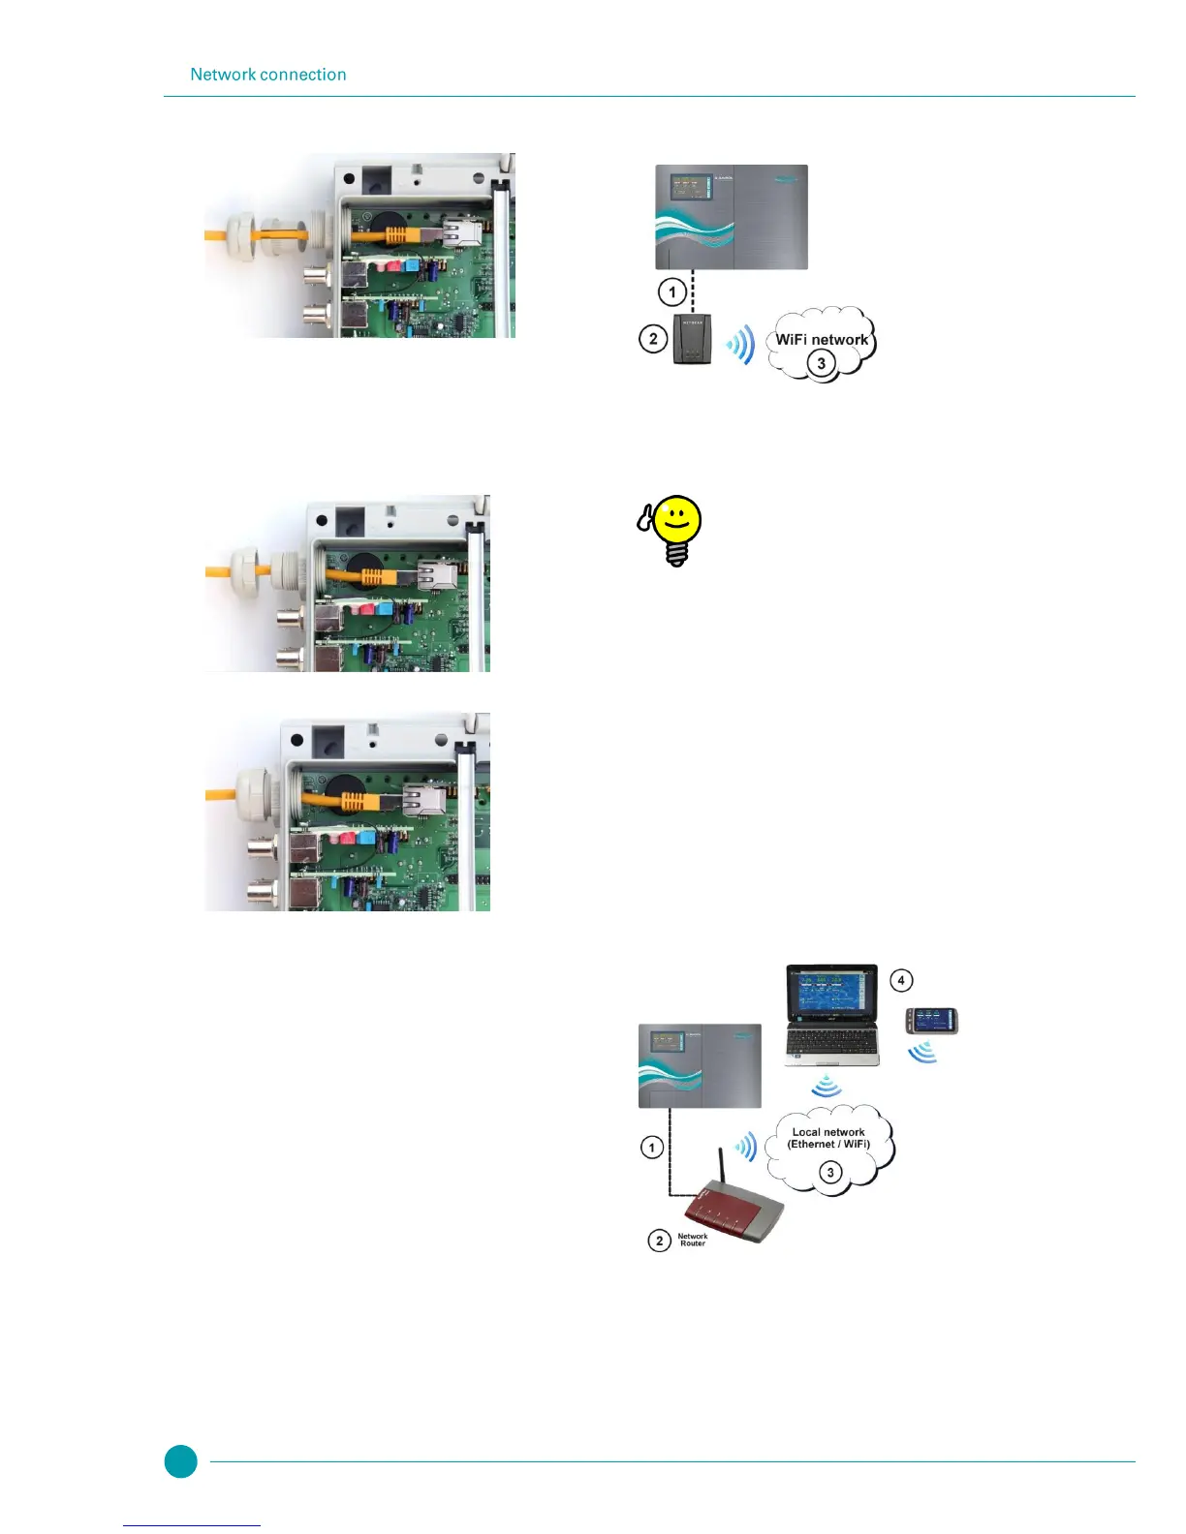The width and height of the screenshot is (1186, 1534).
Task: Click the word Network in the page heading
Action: pyautogui.click(x=223, y=75)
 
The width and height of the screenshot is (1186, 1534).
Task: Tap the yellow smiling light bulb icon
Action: pyautogui.click(x=675, y=529)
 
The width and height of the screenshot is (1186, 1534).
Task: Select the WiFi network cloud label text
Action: pyautogui.click(x=822, y=340)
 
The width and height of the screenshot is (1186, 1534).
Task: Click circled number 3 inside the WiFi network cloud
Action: pyautogui.click(x=822, y=364)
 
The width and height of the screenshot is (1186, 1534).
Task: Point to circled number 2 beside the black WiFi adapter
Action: pyautogui.click(x=653, y=339)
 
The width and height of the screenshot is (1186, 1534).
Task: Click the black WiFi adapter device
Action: pyautogui.click(x=692, y=340)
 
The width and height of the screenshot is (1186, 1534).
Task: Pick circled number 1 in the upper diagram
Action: pyautogui.click(x=672, y=291)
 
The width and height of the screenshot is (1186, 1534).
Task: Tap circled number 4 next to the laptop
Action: pyautogui.click(x=901, y=980)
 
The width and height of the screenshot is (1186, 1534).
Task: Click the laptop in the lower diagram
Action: pyautogui.click(x=832, y=1015)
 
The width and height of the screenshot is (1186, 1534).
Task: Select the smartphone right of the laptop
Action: pyautogui.click(x=931, y=1021)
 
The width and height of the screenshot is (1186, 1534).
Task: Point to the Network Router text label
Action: pyautogui.click(x=692, y=1240)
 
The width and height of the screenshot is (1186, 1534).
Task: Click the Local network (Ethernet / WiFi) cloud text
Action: pyautogui.click(x=828, y=1138)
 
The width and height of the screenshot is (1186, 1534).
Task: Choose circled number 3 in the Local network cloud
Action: pyautogui.click(x=830, y=1173)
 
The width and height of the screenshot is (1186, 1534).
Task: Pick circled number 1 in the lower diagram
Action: pyautogui.click(x=652, y=1148)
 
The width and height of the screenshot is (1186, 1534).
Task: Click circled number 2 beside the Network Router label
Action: pyautogui.click(x=660, y=1241)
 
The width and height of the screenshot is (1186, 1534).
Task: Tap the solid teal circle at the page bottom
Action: pyautogui.click(x=180, y=1461)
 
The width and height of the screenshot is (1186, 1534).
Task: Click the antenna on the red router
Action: pyautogui.click(x=722, y=1167)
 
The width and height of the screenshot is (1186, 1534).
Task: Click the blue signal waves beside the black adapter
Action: pyautogui.click(x=741, y=345)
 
